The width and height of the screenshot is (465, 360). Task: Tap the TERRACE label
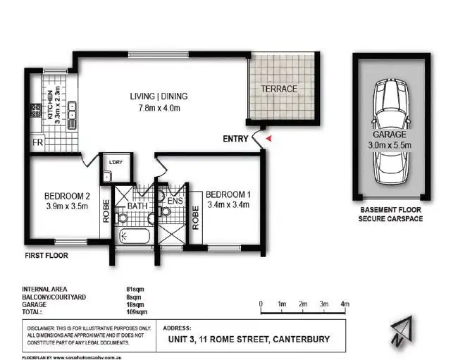280,89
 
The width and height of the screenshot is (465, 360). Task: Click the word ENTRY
235,139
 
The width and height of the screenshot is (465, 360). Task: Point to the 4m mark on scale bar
345,304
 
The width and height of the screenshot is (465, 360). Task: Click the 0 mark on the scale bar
261,304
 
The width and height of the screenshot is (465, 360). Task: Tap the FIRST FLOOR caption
46,256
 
